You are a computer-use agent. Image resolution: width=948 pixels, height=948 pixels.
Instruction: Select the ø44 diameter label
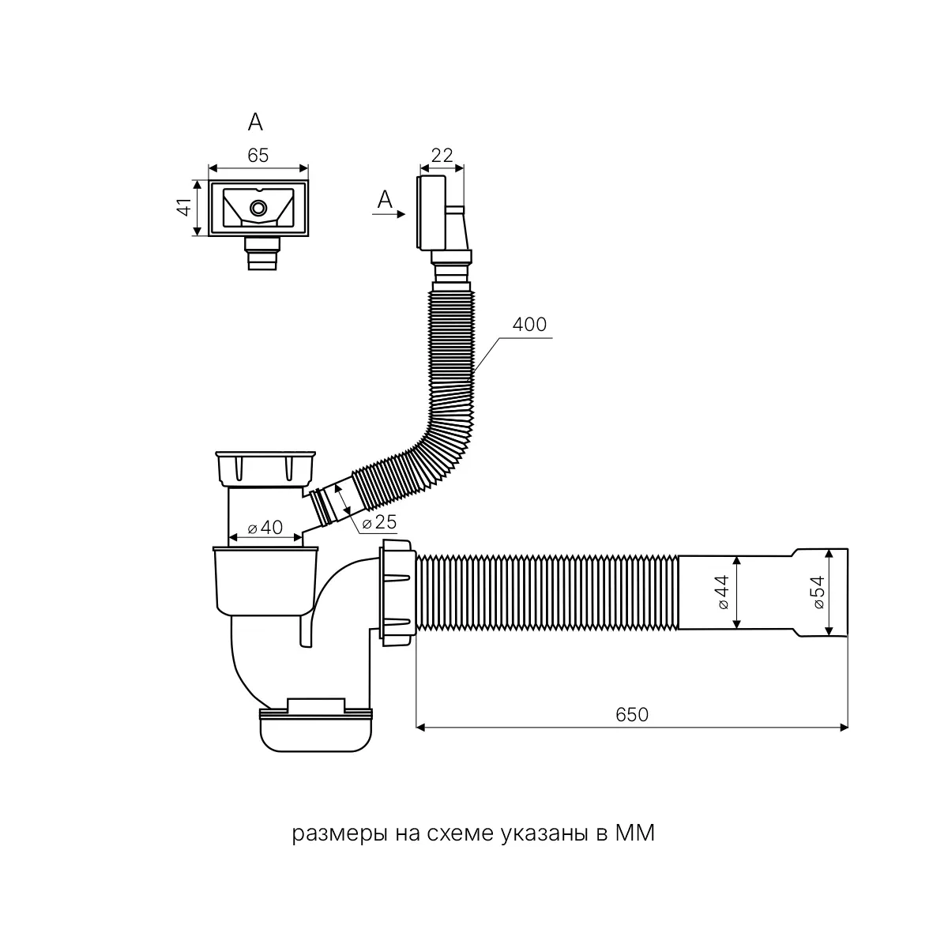click(724, 592)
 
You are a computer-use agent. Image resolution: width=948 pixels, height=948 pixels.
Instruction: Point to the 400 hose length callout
click(529, 325)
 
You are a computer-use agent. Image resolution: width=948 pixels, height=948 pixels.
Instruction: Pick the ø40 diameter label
click(265, 528)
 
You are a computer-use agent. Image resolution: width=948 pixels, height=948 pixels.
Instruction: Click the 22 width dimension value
click(442, 156)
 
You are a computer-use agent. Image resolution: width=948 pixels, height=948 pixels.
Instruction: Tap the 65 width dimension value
click(258, 156)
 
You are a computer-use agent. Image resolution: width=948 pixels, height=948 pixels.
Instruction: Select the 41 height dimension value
click(183, 208)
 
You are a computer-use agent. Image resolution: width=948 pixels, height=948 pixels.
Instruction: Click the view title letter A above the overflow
click(255, 122)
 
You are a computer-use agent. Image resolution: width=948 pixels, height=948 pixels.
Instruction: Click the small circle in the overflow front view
click(258, 208)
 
